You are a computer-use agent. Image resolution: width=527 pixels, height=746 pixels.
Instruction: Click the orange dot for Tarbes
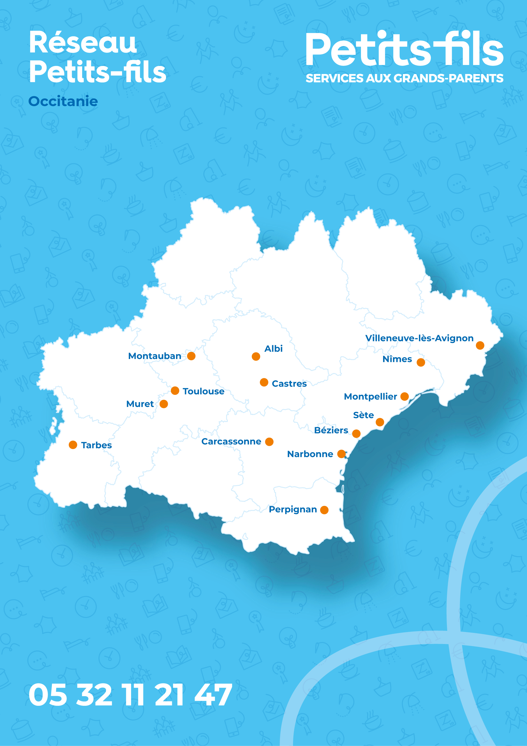coord(73,445)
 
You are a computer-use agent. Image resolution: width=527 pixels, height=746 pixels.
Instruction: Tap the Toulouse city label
coord(203,391)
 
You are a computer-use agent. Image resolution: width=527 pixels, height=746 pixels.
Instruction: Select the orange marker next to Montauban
coord(191,356)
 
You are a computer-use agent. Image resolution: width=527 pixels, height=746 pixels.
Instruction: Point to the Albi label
coord(273,349)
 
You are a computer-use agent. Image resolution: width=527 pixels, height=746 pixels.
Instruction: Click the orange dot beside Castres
coord(264,382)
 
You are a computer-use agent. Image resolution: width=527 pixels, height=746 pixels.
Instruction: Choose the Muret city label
coord(140,404)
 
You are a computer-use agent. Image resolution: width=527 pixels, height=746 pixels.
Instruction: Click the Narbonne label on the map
coord(310,454)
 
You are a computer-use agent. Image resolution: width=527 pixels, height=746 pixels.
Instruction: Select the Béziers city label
coord(331,430)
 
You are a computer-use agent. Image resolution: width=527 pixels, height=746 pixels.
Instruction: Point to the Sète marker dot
coord(380,422)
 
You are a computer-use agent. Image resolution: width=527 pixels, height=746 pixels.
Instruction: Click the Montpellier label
coord(370,396)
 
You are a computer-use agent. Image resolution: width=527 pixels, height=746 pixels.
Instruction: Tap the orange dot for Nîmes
coord(421,362)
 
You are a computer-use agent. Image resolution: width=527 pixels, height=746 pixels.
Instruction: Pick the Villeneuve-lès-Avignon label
coord(419,338)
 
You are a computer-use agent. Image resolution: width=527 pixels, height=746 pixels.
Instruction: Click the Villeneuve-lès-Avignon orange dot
coord(480,345)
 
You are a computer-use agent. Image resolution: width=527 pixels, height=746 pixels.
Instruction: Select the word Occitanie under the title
coord(63,101)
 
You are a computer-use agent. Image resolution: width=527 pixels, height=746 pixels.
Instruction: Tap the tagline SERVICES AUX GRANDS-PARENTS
coord(405,78)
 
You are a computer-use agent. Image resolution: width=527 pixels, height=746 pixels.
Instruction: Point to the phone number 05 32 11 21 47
coord(130,695)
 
